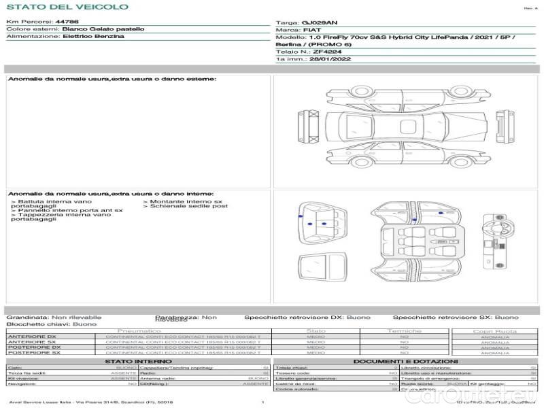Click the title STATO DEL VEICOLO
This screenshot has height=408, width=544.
tap(67, 7)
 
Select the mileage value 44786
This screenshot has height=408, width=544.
tap(67, 22)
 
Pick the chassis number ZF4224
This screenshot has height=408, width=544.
tap(329, 51)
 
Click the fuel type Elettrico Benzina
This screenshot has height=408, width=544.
tap(93, 37)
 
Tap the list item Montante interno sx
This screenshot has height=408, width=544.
tap(184, 202)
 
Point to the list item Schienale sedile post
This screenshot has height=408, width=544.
tap(187, 206)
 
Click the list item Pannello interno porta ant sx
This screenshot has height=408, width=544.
tap(69, 211)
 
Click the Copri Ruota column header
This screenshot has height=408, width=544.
tap(494, 331)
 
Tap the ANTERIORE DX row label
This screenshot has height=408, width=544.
tap(32, 337)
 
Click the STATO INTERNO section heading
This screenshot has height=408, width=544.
tap(137, 362)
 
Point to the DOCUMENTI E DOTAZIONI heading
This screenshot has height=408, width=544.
tap(405, 362)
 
